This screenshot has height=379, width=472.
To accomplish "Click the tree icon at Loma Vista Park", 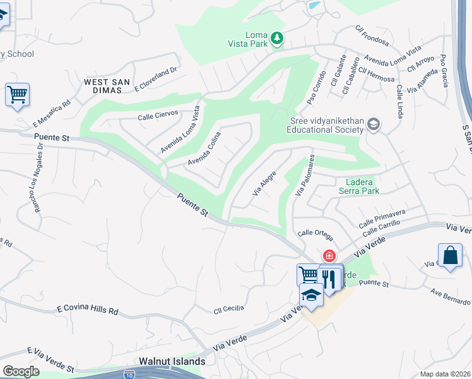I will coord(276,39).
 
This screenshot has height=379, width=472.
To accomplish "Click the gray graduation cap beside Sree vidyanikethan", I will coord(374,124).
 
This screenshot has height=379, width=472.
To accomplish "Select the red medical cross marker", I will coord(329,256).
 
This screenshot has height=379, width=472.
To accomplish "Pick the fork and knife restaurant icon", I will coord(329,277).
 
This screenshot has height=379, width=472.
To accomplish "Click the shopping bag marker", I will coord(449,256).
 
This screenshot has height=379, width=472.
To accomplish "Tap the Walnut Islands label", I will coord(172,361).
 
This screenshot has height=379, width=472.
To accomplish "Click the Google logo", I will coord(21,371).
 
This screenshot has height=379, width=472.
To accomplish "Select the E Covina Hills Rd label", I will coord(87,310).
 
